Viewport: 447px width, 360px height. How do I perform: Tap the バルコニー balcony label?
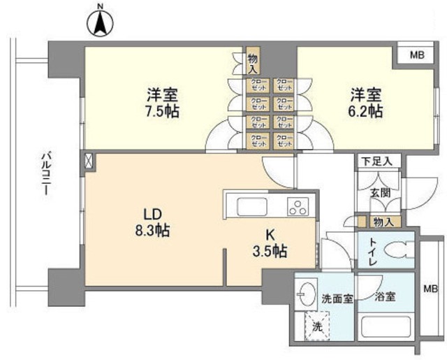coord(44,173)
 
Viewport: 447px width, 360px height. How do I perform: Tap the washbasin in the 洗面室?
coord(305,294)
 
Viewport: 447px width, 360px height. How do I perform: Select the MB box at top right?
coord(416,55)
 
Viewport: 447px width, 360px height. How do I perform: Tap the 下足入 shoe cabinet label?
coord(376,161)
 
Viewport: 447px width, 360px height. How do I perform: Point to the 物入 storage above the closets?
coord(253,63)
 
